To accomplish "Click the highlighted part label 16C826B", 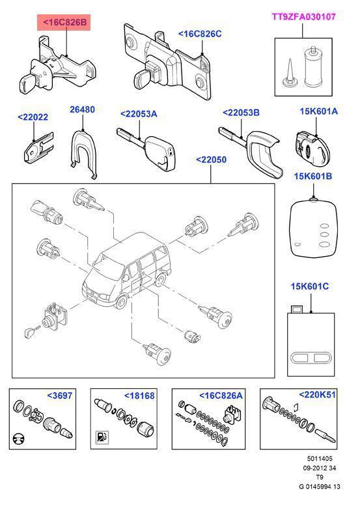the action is click(x=64, y=22).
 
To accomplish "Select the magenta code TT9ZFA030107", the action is click(x=303, y=17).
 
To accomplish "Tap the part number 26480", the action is click(x=82, y=109).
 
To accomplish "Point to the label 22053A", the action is click(x=139, y=114).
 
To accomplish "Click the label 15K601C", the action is click(x=310, y=286).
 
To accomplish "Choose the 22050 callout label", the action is click(x=211, y=160).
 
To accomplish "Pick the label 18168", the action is click(x=139, y=395).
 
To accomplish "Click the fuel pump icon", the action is click(x=102, y=437).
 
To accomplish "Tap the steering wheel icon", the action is click(x=18, y=439).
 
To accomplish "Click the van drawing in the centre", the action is click(x=127, y=271).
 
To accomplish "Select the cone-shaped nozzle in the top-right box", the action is click(x=290, y=73).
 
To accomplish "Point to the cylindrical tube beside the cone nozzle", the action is click(x=314, y=67).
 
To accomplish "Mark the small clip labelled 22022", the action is click(x=38, y=147).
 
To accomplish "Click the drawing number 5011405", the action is click(x=320, y=459).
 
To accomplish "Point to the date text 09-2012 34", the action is click(x=320, y=468).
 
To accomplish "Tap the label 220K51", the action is click(x=318, y=394).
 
